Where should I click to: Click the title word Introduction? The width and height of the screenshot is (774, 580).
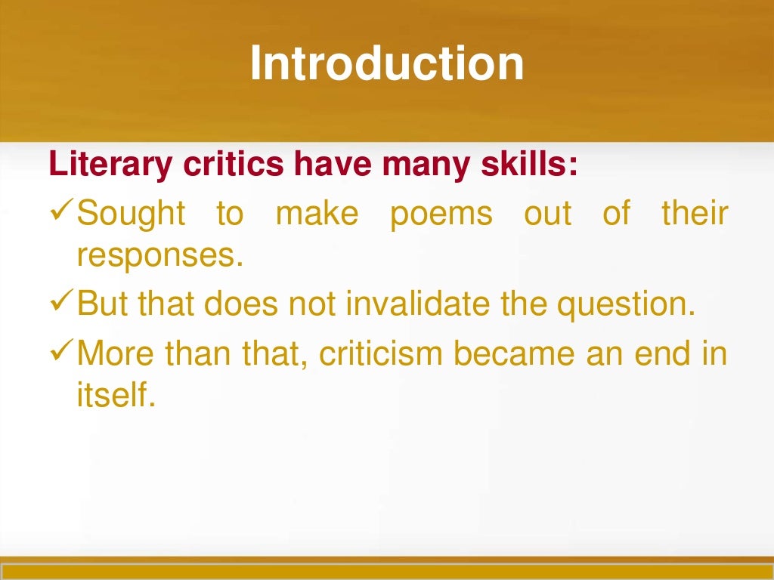pos(386,63)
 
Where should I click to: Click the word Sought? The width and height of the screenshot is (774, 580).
pos(132,214)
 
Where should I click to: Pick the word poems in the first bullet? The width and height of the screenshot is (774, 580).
pos(441,214)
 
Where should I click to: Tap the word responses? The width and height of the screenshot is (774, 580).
pos(160,258)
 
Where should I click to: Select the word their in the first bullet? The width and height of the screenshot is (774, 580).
pos(695,214)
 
